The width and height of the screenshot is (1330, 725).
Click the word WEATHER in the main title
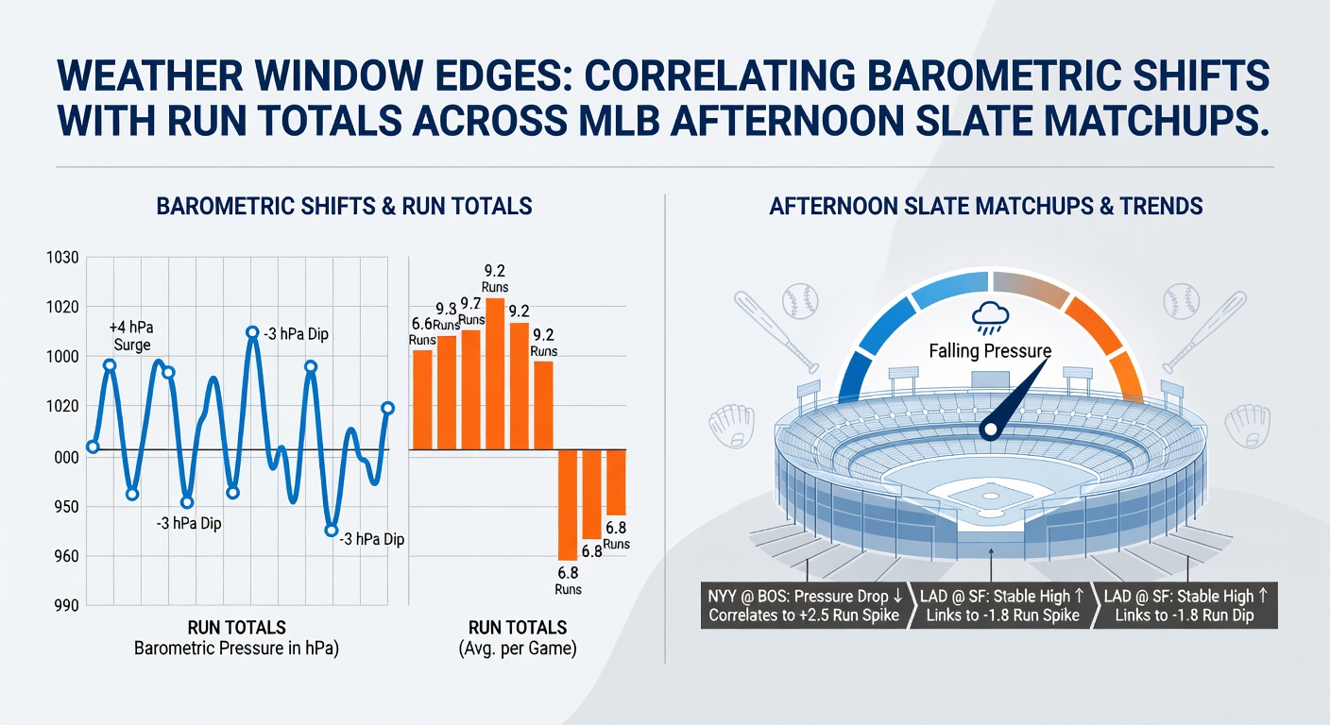[x=150, y=76]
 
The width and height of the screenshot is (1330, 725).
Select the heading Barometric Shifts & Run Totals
[x=344, y=206]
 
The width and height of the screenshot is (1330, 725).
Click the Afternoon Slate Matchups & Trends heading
[x=985, y=206]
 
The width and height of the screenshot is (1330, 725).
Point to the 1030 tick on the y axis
[x=62, y=258]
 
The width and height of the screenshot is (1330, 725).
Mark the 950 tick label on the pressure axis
[x=66, y=507]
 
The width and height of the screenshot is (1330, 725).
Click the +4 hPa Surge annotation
[x=131, y=336]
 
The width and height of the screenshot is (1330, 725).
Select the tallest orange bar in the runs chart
[x=495, y=374]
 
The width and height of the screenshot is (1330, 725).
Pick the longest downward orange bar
[x=568, y=505]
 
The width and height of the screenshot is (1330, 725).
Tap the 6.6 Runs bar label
[x=422, y=331]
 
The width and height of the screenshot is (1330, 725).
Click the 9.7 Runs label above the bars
[x=471, y=312]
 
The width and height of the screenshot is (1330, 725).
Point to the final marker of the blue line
[x=387, y=408]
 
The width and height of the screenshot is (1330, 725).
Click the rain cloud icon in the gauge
[x=990, y=318]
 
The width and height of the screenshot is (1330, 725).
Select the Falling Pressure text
[x=990, y=350]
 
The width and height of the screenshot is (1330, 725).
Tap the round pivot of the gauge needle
[x=990, y=430]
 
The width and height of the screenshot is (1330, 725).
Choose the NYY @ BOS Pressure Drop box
[x=804, y=605]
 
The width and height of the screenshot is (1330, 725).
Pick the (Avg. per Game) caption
[x=518, y=648]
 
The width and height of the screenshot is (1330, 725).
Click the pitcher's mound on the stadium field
[x=990, y=496]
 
